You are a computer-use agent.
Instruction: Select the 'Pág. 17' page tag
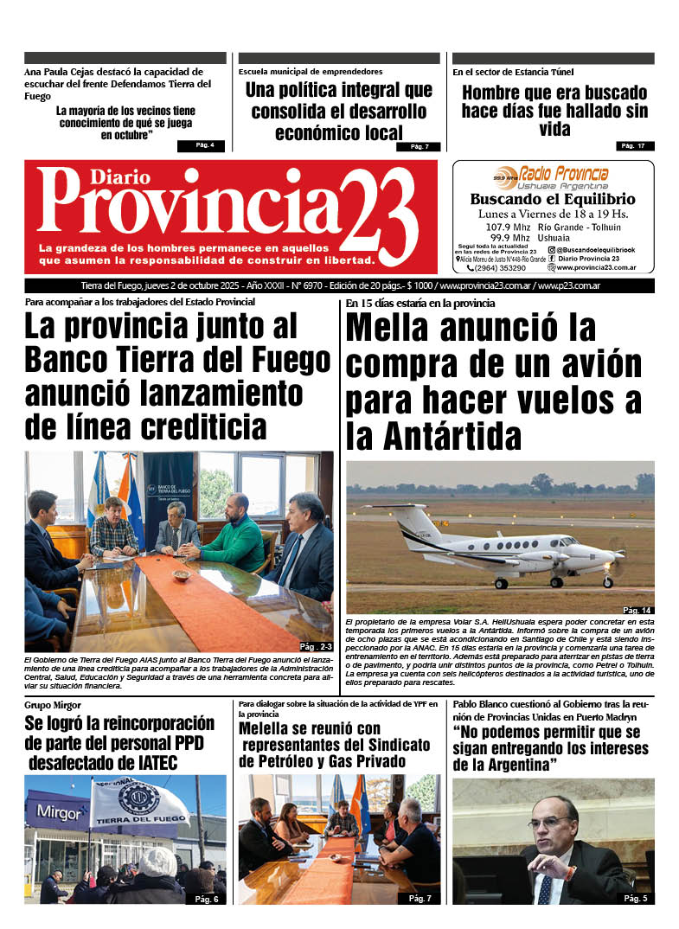635,145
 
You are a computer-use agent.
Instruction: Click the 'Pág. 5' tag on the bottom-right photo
636,899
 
